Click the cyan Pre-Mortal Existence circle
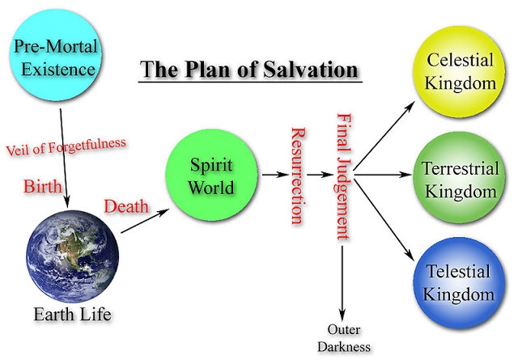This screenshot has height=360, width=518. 55,55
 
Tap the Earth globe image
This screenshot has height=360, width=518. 72,256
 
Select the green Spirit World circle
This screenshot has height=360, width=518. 211,175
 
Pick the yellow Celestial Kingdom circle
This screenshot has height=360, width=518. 460,72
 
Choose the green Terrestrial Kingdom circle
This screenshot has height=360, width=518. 459,177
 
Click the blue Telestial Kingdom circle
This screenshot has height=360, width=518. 459,283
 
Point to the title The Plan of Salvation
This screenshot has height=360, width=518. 249,70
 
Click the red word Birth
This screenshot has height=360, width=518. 43,186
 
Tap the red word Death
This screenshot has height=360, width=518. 126,206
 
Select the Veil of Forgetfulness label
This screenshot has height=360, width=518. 66,146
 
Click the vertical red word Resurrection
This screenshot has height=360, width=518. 298,176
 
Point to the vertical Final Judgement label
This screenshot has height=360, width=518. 344,176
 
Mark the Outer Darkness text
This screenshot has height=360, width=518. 344,338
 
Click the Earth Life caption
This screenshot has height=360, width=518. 72,314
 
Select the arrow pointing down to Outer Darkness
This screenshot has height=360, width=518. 342,283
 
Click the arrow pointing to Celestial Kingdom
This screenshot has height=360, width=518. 384,136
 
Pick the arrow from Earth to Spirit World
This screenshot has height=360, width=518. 145,221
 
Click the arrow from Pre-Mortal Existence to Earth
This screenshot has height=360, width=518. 64,159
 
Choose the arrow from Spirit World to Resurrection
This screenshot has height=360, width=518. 275,175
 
